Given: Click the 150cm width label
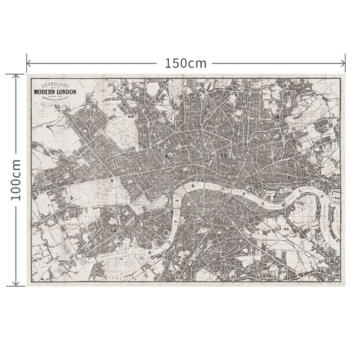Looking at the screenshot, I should (x=185, y=63).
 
